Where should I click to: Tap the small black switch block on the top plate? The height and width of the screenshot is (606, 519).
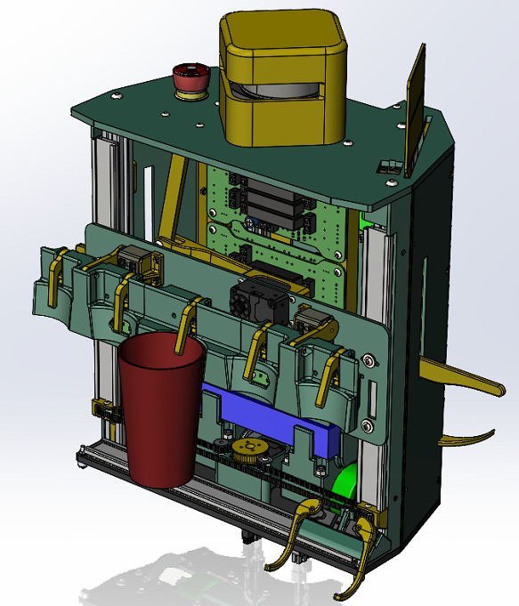(389, 166)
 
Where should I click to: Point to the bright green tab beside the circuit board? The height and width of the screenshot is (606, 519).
(366, 219)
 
